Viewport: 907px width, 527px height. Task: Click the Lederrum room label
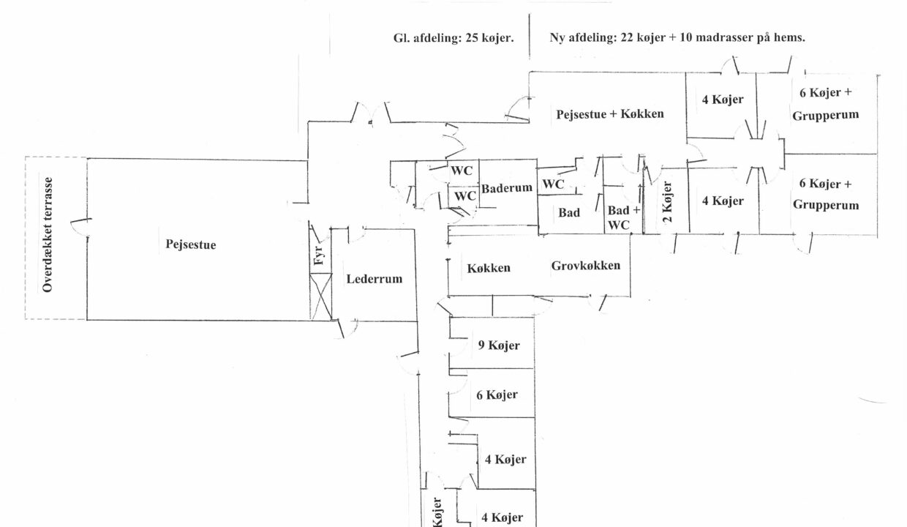point(375,279)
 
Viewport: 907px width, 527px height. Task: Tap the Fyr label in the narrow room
point(319,255)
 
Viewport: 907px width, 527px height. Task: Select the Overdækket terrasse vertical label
point(48,235)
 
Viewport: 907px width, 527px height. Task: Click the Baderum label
point(507,188)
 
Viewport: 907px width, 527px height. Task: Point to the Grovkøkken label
point(585,266)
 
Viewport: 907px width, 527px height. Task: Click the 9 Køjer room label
point(499,345)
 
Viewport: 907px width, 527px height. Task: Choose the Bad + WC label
point(623,217)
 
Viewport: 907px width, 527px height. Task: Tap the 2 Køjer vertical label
point(667,202)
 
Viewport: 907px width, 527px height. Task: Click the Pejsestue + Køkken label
point(610,114)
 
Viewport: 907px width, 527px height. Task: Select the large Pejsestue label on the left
point(191,244)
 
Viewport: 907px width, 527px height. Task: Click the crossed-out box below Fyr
point(320,296)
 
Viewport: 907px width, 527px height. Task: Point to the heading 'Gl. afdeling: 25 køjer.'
point(453,38)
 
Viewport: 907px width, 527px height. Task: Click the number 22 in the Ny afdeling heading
point(626,37)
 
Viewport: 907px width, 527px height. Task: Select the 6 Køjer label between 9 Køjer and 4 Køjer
point(497,395)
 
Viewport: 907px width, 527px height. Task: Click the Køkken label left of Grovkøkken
point(489,268)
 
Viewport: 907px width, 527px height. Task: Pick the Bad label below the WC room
point(569,213)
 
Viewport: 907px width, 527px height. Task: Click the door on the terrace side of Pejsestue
point(81,227)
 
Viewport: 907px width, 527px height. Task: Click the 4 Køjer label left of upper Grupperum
point(723,100)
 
